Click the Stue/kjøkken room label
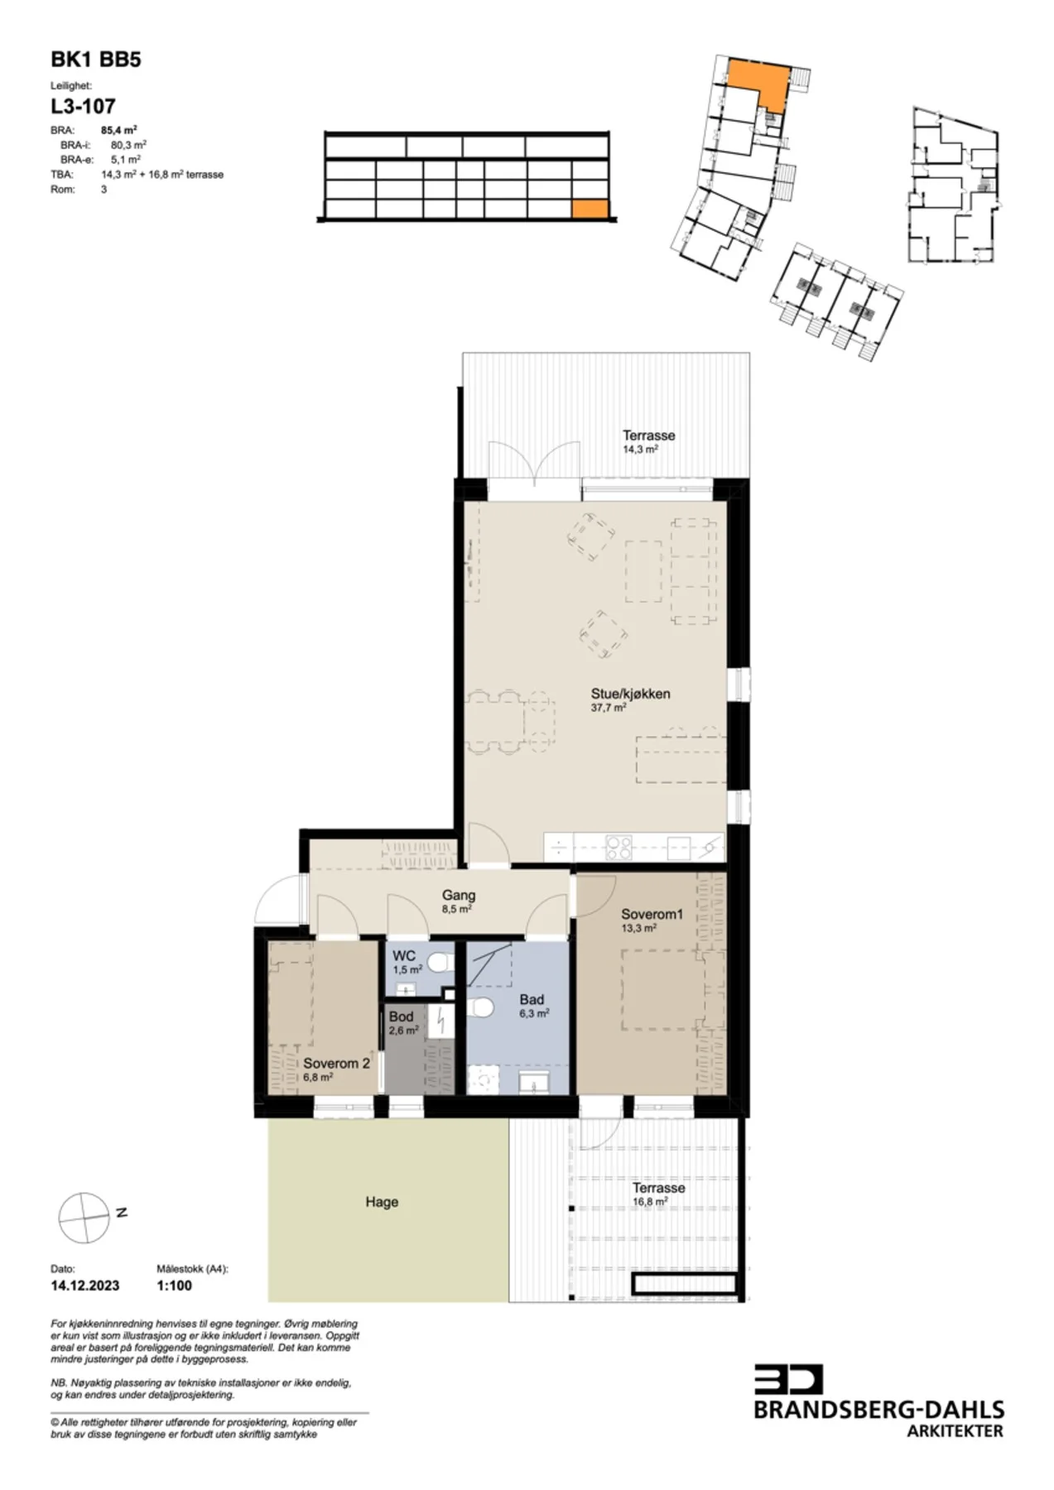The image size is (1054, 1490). pos(630,694)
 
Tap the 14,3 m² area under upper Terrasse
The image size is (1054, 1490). pos(640,449)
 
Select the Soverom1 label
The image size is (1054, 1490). pos(652,914)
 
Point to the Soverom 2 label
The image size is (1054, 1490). pos(336,1063)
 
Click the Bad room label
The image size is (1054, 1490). pos(532,999)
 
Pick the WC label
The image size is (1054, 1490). pos(404,955)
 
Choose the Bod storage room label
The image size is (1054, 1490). pos(401,1016)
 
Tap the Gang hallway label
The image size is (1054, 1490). pos(459,895)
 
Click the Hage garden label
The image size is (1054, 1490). pos(382,1202)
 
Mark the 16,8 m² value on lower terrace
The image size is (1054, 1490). pos(650,1202)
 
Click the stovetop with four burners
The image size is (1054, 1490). pos(618,847)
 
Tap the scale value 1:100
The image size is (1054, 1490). pos(174,1286)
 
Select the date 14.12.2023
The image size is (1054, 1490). pos(84,1286)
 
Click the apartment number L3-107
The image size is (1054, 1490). pos(83,106)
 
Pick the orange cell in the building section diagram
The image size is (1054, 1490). pos(591,209)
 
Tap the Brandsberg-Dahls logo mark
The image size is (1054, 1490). pos(788,1378)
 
